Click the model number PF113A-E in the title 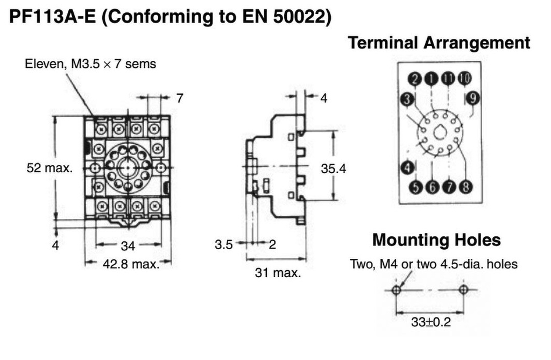click(52, 17)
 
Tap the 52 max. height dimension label click(50, 168)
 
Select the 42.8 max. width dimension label click(131, 264)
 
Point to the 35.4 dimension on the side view click(333, 169)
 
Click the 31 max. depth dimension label click(278, 272)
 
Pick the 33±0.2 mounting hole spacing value click(431, 322)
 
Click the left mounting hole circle click(397, 290)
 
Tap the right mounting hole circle click(463, 290)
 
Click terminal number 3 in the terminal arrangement click(407, 99)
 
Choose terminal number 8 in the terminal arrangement click(465, 186)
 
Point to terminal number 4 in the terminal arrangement click(407, 167)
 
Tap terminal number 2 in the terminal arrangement click(415, 79)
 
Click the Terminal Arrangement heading click(439, 43)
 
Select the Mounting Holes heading click(436, 240)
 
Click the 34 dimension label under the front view click(128, 246)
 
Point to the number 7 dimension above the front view click(180, 98)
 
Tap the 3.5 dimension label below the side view click(224, 244)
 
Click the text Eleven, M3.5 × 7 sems click(90, 64)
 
